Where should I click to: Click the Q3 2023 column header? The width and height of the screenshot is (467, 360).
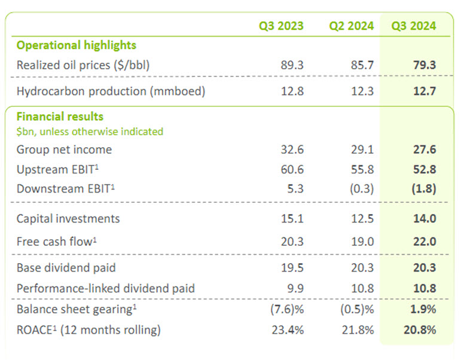pyautogui.click(x=280, y=26)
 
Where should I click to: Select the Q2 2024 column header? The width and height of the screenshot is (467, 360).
pyautogui.click(x=351, y=26)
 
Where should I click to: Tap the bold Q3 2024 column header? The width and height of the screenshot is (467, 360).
pyautogui.click(x=413, y=26)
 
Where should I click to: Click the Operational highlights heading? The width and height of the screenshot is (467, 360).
pyautogui.click(x=76, y=45)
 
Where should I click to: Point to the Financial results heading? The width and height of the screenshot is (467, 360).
pyautogui.click(x=60, y=117)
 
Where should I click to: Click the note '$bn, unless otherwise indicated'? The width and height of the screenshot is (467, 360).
pyautogui.click(x=90, y=131)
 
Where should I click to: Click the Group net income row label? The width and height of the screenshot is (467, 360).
pyautogui.click(x=64, y=150)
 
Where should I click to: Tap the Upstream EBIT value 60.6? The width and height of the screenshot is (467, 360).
pyautogui.click(x=292, y=169)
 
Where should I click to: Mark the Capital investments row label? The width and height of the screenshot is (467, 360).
pyautogui.click(x=68, y=218)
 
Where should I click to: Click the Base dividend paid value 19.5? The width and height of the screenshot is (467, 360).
pyautogui.click(x=292, y=268)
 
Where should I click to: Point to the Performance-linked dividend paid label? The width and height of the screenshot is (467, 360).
pyautogui.click(x=106, y=288)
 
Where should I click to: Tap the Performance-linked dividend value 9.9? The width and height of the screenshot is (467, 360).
pyautogui.click(x=295, y=288)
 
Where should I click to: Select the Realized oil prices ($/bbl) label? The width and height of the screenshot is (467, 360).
pyautogui.click(x=83, y=65)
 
